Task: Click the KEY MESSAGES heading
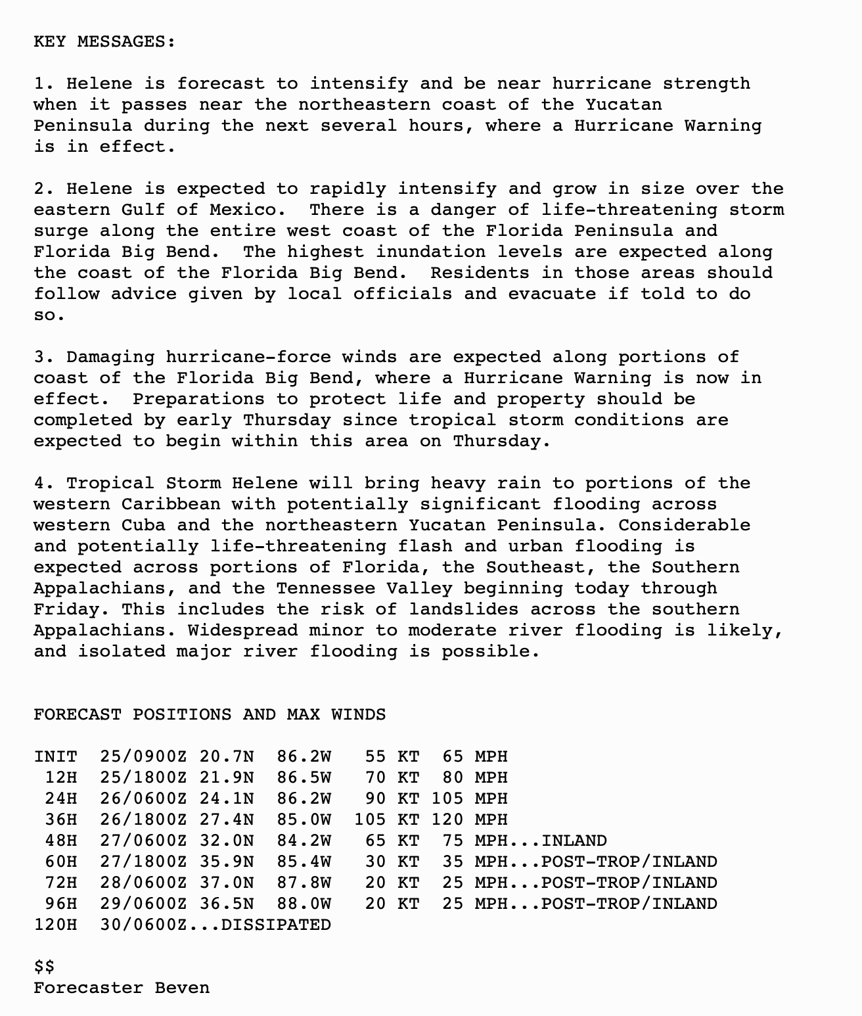(x=104, y=42)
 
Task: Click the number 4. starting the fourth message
(x=44, y=484)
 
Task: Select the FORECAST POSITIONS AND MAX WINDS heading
(x=210, y=715)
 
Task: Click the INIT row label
(x=55, y=757)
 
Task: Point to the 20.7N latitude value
(x=226, y=757)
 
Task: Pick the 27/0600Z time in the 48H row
(x=143, y=841)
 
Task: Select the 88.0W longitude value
(x=304, y=904)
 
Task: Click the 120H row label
(x=55, y=925)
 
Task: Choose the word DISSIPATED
(x=276, y=925)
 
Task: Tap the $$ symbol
(x=44, y=967)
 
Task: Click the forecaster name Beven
(x=182, y=988)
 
